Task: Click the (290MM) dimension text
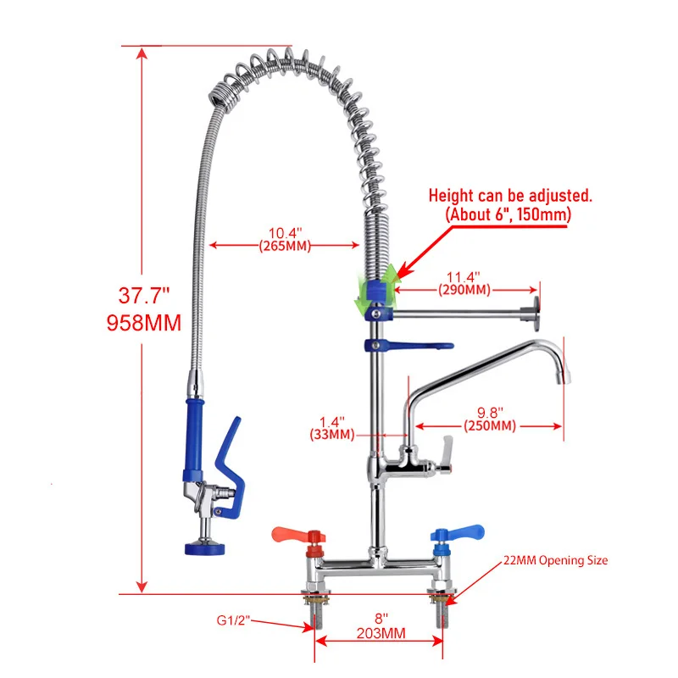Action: click(464, 290)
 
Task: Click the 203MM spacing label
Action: click(380, 633)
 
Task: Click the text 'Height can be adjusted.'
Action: click(510, 196)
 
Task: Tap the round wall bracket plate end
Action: click(536, 314)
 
